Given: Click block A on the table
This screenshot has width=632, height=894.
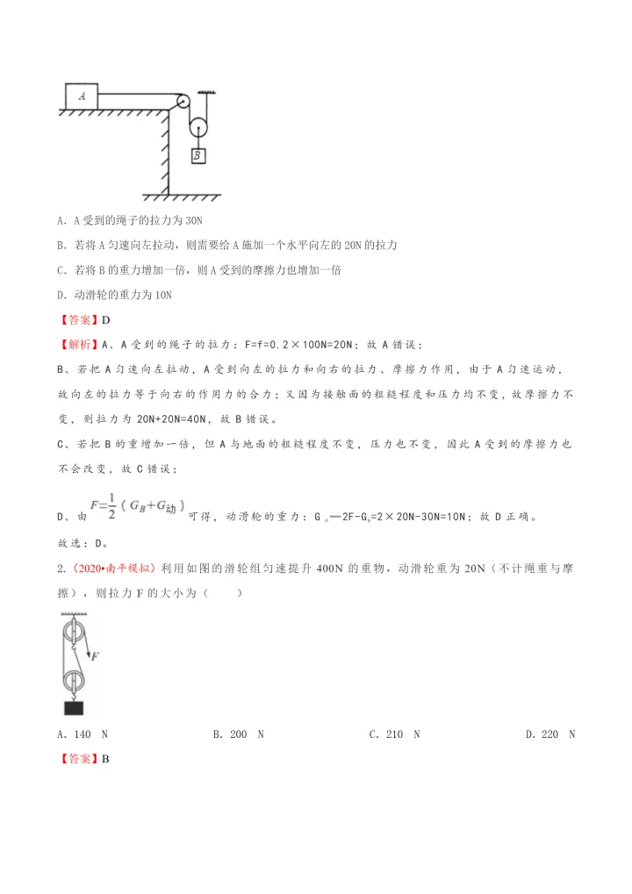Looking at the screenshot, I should coord(82,96).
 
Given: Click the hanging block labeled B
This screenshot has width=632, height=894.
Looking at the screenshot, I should coord(199,155).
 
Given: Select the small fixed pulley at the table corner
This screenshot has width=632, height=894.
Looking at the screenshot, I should coord(183,101).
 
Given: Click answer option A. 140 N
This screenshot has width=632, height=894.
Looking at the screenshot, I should coord(82,734).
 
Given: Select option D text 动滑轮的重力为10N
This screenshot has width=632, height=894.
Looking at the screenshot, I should coord(114,296).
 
